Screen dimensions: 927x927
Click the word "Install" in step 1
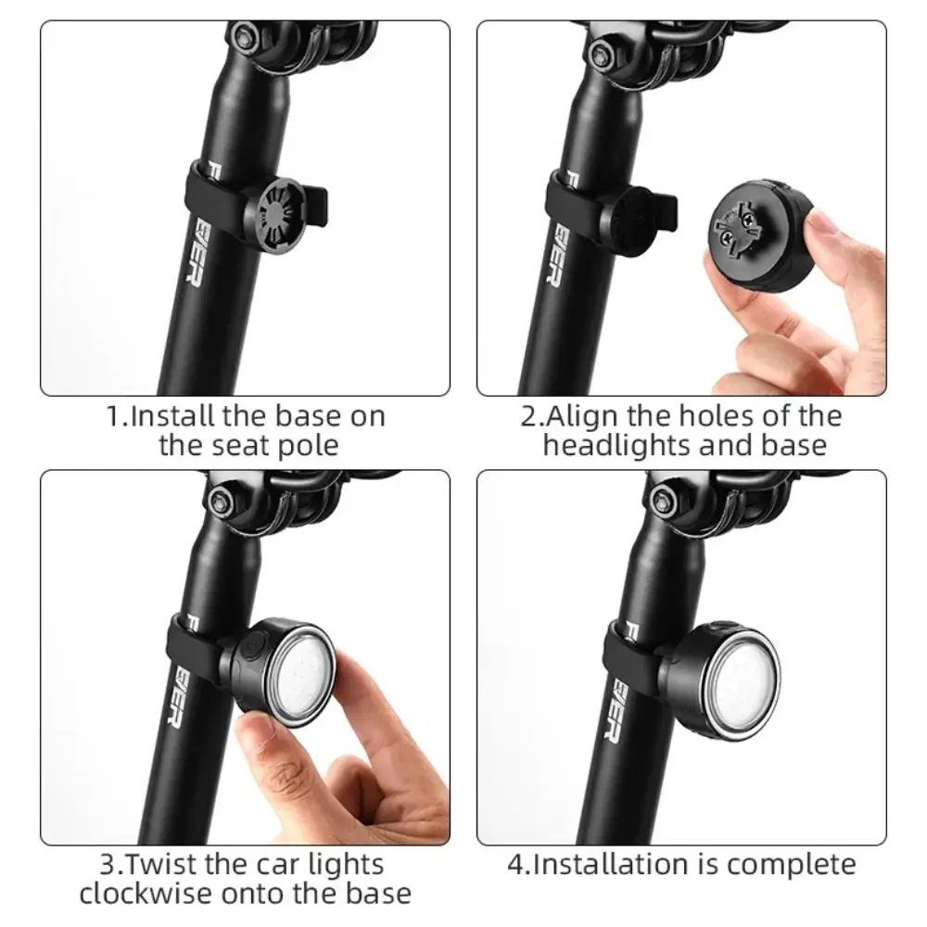(171, 416)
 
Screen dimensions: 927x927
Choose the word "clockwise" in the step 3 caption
(145, 894)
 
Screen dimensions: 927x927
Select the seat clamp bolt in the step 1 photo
(244, 37)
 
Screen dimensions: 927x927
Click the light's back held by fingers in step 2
(760, 235)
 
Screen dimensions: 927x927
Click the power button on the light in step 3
(252, 643)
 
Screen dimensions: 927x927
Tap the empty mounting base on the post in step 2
(631, 221)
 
